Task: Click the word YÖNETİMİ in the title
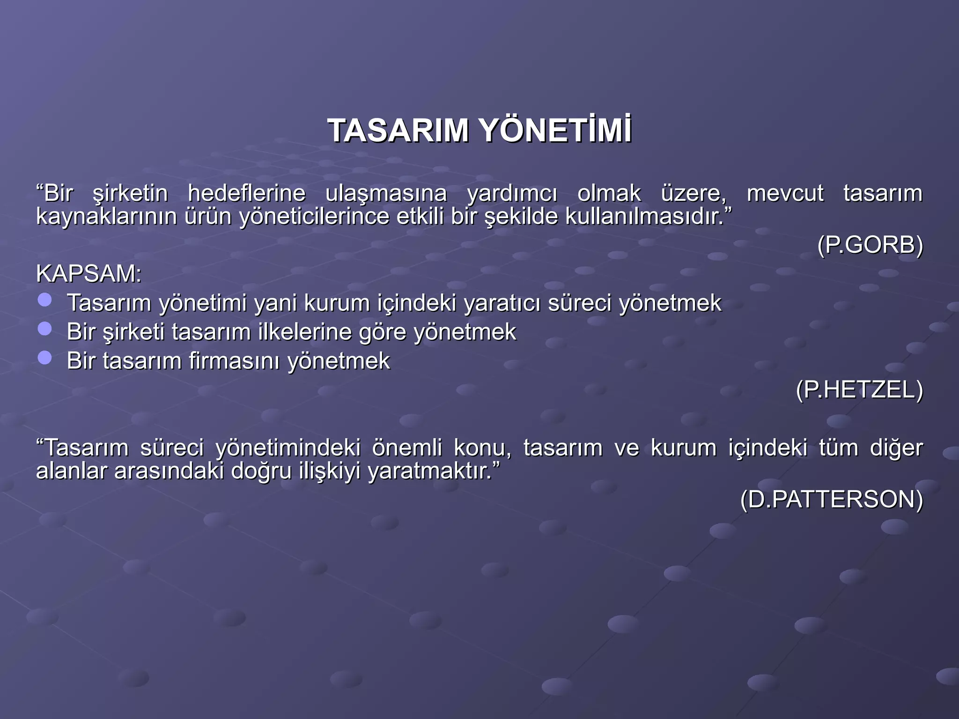tap(556, 130)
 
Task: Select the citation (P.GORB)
tap(870, 245)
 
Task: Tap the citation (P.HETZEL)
tap(859, 389)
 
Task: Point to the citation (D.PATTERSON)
tap(832, 499)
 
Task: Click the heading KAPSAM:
tap(89, 273)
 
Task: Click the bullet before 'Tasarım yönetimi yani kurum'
tap(45, 300)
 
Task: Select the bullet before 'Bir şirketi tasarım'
tap(45, 329)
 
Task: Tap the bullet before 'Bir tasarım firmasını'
tap(45, 358)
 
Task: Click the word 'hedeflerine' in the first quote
tap(246, 193)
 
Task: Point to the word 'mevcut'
tap(785, 193)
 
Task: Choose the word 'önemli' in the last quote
tap(407, 448)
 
